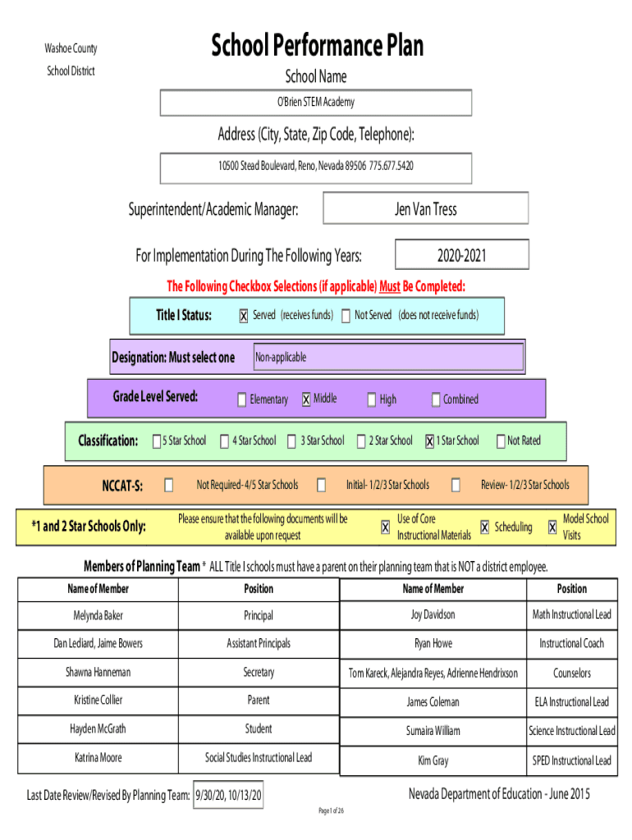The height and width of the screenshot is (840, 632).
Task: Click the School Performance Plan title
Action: (317, 45)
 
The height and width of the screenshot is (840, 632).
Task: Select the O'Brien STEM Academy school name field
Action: (316, 103)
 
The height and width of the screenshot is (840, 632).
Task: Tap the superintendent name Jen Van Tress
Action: (426, 209)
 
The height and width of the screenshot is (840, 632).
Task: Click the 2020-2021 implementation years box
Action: (461, 254)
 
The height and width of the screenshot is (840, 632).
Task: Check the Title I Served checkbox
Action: (244, 316)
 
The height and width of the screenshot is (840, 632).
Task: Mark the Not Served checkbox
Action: (346, 316)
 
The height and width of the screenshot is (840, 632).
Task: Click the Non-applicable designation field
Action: (388, 357)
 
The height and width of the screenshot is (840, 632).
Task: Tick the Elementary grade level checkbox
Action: (242, 399)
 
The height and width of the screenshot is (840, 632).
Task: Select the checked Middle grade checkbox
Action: (306, 399)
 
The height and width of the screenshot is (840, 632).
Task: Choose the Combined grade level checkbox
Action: (436, 399)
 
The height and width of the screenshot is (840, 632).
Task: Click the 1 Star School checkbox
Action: (429, 441)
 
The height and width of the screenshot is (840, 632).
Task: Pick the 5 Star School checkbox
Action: (157, 441)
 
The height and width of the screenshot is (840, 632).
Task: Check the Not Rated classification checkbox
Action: (501, 441)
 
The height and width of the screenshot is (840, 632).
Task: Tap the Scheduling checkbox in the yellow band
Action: (484, 527)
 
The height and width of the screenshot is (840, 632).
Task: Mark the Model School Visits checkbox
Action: (552, 527)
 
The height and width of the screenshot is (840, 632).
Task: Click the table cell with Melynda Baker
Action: (98, 615)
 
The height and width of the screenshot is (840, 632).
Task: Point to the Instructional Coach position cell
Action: (571, 643)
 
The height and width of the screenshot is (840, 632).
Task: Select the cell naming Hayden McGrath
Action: (98, 729)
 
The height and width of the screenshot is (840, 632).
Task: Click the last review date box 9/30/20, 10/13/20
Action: (228, 795)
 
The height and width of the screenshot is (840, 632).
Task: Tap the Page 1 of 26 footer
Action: (332, 810)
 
